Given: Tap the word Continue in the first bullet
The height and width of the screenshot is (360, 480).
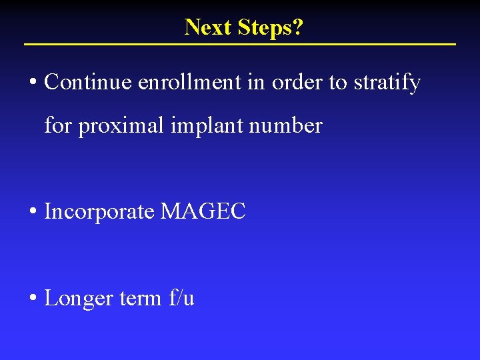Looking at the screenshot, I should [88, 83].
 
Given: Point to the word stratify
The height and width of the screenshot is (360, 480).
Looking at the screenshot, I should [387, 83].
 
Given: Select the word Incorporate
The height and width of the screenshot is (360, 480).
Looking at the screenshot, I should [99, 212].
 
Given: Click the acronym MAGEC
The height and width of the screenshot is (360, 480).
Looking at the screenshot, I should [203, 212].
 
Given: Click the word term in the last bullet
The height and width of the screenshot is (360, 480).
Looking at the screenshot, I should [140, 298].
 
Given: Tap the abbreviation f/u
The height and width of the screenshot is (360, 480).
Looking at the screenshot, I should [181, 298].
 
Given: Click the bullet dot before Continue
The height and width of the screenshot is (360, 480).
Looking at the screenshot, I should [33, 83].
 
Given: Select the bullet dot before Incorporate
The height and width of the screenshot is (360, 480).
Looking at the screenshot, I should [33, 213].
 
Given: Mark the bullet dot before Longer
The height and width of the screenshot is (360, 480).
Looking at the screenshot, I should [33, 299].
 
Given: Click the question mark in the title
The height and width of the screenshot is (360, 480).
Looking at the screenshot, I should [298, 27].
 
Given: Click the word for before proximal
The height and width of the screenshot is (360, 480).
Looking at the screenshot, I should [57, 125].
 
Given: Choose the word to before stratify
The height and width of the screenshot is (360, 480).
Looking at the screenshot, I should [338, 83].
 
